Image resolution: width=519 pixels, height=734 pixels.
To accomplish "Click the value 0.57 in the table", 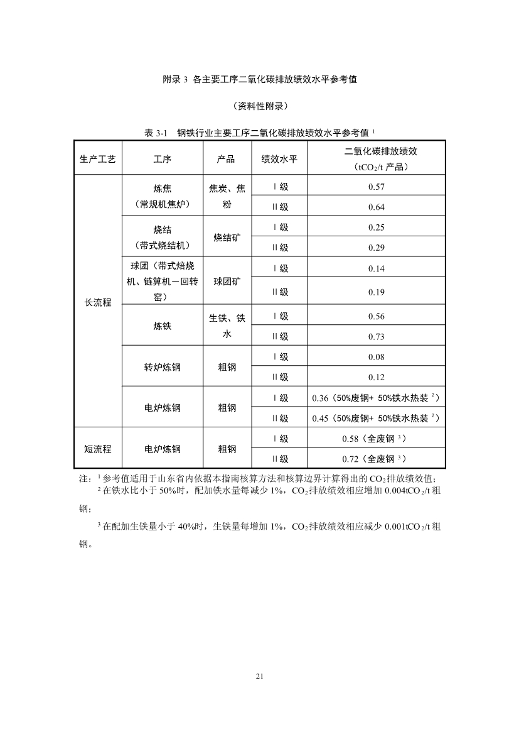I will (x=377, y=187).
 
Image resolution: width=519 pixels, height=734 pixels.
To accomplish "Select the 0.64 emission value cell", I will (x=377, y=207).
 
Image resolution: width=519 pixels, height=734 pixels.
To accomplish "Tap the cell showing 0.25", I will (x=377, y=227).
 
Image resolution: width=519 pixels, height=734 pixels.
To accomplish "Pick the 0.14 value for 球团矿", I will (x=377, y=268).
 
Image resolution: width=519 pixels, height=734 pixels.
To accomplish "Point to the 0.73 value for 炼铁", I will (x=377, y=336).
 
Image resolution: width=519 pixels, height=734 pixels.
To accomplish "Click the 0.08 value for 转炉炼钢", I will (x=377, y=356).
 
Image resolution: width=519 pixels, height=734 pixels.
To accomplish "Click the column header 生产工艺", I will (x=98, y=159).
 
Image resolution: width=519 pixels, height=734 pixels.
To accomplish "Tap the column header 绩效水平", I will (x=279, y=159).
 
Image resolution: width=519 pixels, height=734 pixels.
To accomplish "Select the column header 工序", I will (x=163, y=159).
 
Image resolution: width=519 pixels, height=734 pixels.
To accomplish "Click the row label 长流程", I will (x=98, y=302).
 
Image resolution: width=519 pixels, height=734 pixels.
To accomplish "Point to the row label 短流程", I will (x=98, y=449).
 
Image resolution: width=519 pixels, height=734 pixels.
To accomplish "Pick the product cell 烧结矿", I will (x=227, y=238).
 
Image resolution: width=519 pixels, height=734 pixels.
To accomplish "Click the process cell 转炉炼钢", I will (x=163, y=367).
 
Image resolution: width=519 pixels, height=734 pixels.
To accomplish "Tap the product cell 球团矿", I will (x=227, y=281).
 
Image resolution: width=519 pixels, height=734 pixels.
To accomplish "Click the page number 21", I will (x=260, y=676).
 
